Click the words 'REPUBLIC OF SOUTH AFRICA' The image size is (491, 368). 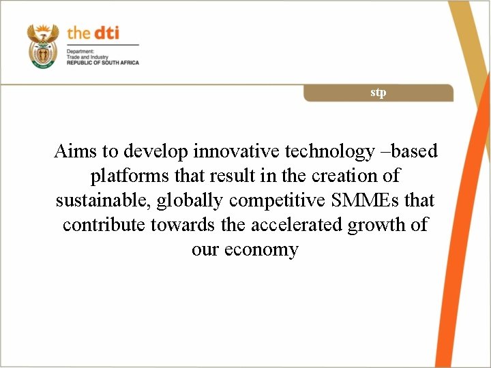pyautogui.click(x=102, y=63)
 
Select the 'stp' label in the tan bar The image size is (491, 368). pyautogui.click(x=378, y=92)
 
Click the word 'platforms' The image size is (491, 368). pyautogui.click(x=130, y=176)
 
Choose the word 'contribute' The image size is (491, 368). pyautogui.click(x=104, y=225)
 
